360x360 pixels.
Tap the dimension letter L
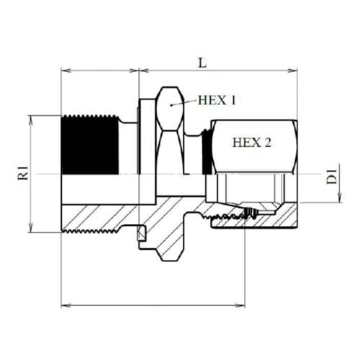pyautogui.click(x=202, y=63)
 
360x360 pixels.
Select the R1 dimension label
pyautogui.click(x=23, y=174)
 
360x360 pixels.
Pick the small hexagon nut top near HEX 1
pyautogui.click(x=169, y=96)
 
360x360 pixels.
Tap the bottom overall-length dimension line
pyautogui.click(x=180, y=306)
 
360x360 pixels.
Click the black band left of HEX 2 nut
pyautogui.click(x=208, y=151)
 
